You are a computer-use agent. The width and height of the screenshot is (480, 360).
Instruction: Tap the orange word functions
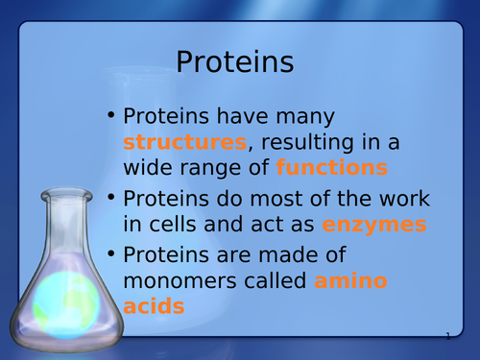click(x=332, y=168)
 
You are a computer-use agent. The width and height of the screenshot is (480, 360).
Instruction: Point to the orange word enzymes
click(x=374, y=226)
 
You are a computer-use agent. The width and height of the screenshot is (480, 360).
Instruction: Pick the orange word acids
click(x=154, y=307)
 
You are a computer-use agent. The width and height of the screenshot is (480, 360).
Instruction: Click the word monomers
click(x=185, y=283)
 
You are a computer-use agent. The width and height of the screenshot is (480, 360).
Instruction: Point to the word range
click(x=220, y=168)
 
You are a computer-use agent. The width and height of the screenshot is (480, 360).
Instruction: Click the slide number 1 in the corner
click(x=447, y=336)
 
